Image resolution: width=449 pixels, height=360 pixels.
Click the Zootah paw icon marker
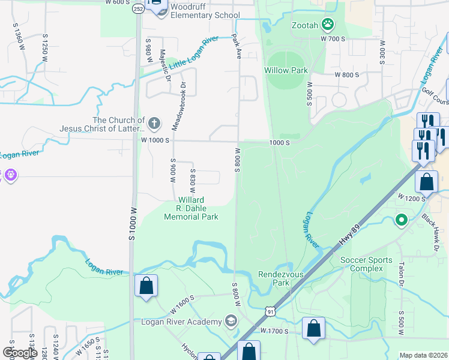click(328, 25)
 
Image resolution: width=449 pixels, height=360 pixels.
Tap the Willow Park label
click(286, 70)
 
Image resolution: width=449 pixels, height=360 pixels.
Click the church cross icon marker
click(154, 124)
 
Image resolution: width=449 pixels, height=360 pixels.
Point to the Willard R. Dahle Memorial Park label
click(191, 208)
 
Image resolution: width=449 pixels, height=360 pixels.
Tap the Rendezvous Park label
click(274, 278)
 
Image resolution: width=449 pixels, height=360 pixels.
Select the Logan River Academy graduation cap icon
click(231, 322)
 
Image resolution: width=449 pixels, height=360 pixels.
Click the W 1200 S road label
click(412, 197)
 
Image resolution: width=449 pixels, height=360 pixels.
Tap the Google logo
click(20, 353)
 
